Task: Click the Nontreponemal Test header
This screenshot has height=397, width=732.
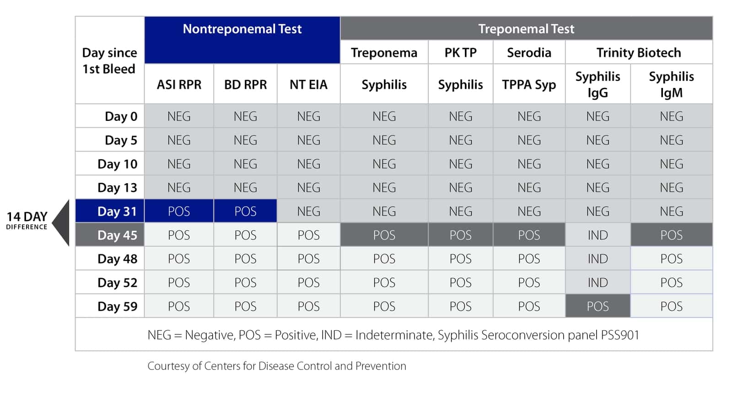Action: (242, 29)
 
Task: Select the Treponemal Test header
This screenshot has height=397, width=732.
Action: (526, 29)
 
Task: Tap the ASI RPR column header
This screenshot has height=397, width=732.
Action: (179, 85)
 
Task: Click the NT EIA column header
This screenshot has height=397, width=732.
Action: (308, 85)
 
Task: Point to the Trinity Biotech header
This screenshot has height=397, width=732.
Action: (639, 53)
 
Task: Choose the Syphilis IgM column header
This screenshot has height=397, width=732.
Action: (671, 84)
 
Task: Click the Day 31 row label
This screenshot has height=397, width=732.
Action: (117, 212)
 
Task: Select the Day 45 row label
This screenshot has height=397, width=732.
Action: (117, 235)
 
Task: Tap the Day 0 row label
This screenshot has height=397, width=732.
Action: (121, 116)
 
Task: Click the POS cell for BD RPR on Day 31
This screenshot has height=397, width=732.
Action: (245, 212)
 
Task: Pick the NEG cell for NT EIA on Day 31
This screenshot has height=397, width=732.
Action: (308, 212)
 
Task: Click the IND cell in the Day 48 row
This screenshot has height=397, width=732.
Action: (597, 259)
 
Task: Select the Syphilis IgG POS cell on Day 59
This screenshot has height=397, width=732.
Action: (597, 306)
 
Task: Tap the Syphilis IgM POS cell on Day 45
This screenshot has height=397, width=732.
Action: (671, 235)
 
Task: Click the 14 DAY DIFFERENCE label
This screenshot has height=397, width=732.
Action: (27, 220)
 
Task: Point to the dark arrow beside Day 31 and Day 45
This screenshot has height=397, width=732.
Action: (62, 223)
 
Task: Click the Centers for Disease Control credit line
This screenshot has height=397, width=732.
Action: (276, 366)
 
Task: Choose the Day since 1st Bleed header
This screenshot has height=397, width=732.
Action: (109, 61)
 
